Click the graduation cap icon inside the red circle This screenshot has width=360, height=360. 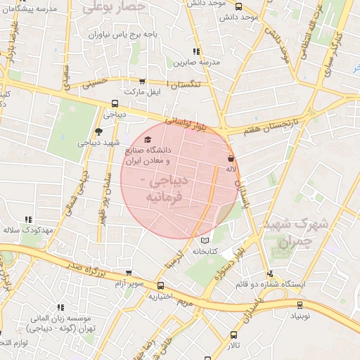(x=147, y=140)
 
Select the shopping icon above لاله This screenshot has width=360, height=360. (x=231, y=158)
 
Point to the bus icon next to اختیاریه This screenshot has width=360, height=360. (x=161, y=286)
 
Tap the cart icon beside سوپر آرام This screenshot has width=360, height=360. (x=128, y=273)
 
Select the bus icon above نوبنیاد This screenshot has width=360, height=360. (x=300, y=305)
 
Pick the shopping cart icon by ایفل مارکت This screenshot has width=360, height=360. (x=143, y=82)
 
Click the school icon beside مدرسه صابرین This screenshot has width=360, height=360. (x=196, y=52)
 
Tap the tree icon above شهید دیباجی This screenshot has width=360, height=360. (x=98, y=131)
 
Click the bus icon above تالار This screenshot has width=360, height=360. (x=234, y=335)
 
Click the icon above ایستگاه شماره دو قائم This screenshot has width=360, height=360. (x=270, y=274)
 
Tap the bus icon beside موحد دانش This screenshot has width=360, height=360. (x=238, y=6)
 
